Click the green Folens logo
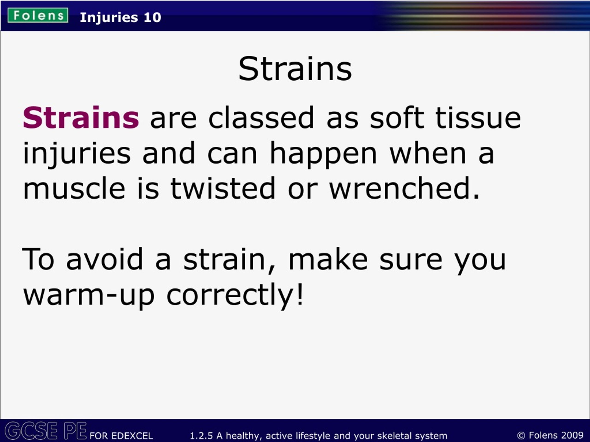pyautogui.click(x=38, y=15)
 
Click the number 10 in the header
pyautogui.click(x=152, y=17)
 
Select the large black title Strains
pyautogui.click(x=295, y=69)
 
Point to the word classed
pyautogui.click(x=261, y=117)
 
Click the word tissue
pyautogui.click(x=478, y=117)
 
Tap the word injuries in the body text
pyautogui.click(x=77, y=154)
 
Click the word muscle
pyautogui.click(x=74, y=188)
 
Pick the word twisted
pyautogui.click(x=223, y=188)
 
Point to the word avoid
pyautogui.click(x=104, y=259)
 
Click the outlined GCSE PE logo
pyautogui.click(x=46, y=430)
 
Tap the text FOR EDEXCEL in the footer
pyautogui.click(x=121, y=436)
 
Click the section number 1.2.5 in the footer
pyautogui.click(x=201, y=436)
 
